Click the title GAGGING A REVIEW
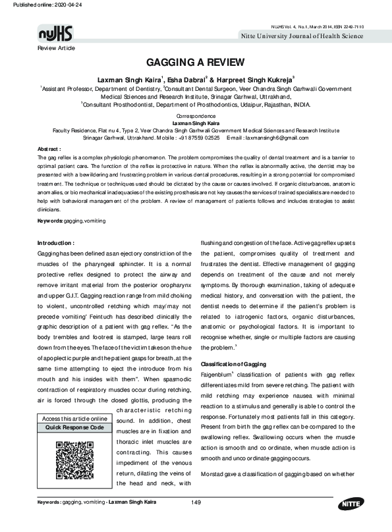[x=196, y=63]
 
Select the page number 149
[x=196, y=503]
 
